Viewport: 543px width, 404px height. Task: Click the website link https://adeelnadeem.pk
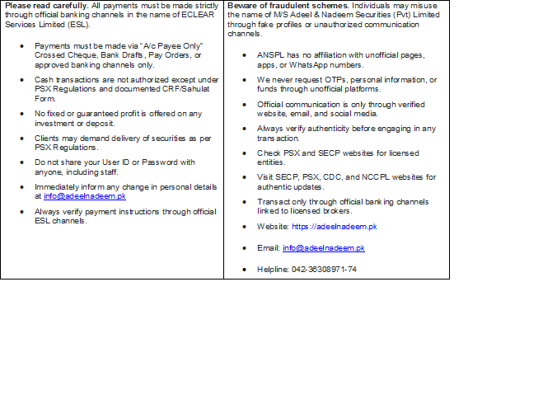335,226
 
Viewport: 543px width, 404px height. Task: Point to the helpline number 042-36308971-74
325,270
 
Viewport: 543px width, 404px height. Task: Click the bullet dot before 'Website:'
246,226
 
